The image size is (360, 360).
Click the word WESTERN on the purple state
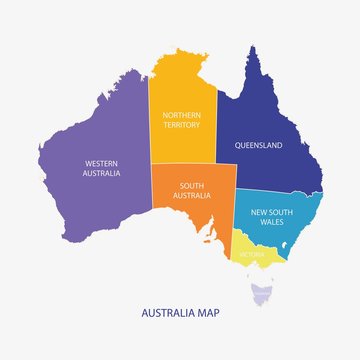click(x=102, y=163)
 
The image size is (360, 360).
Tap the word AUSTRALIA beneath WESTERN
click(x=102, y=173)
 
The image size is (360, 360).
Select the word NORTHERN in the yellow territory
click(x=182, y=115)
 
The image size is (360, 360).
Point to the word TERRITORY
click(x=182, y=125)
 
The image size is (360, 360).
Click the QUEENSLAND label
click(x=258, y=145)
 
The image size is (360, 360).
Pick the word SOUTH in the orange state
click(x=194, y=185)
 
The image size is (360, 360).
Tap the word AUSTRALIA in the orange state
click(x=194, y=195)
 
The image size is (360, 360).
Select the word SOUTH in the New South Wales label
click(x=284, y=212)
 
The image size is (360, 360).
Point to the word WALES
click(x=272, y=222)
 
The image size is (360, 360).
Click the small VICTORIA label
click(x=252, y=254)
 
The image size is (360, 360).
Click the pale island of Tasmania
click(x=263, y=293)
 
